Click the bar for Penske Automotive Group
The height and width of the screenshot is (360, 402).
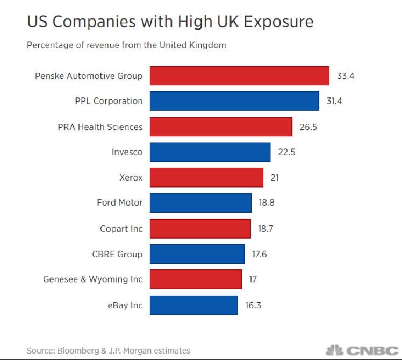tap(239, 76)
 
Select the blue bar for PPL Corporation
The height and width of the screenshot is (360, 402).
tap(234, 101)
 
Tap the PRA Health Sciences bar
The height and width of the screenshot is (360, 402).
tap(221, 127)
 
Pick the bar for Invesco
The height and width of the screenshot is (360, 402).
tap(210, 152)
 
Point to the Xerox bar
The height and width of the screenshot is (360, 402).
tap(206, 177)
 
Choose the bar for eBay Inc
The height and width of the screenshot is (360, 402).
tap(193, 305)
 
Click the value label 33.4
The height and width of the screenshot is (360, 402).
tap(346, 76)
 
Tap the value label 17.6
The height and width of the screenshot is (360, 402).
tap(260, 254)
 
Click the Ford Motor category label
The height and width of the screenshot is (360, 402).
tap(120, 203)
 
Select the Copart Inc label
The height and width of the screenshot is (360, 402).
tap(121, 228)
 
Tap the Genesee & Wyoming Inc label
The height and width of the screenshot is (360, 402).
tap(93, 279)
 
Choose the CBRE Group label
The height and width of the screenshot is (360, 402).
tap(118, 254)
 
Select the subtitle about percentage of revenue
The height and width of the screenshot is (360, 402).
tap(126, 45)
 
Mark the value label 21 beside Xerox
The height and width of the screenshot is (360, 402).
tap(274, 177)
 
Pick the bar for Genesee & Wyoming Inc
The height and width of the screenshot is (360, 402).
tap(196, 279)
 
